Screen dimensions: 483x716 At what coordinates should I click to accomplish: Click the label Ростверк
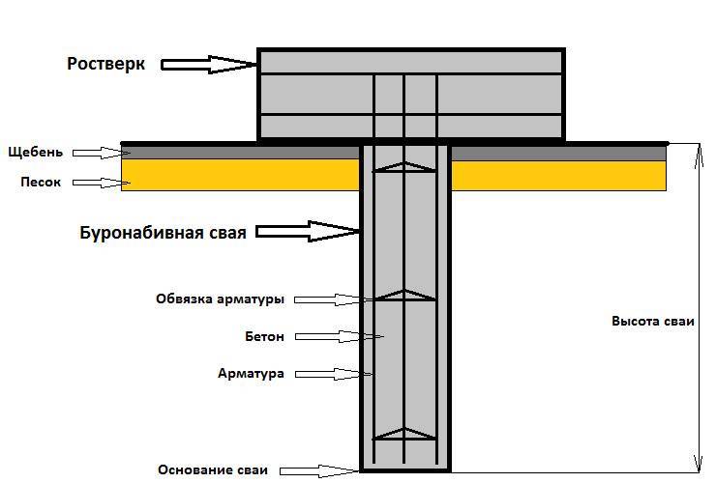coord(105,64)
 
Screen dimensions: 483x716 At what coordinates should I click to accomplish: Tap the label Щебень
coord(35,152)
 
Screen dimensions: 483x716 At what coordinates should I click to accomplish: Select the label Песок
coord(42,182)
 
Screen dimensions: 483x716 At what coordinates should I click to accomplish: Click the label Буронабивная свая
coord(163,232)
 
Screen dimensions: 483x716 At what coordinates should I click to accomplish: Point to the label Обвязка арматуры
coord(221,299)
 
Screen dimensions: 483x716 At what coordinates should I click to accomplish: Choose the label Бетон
coord(264,336)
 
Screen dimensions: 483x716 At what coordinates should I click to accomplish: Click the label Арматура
coord(252,373)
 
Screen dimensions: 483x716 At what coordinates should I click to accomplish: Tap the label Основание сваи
coord(212,470)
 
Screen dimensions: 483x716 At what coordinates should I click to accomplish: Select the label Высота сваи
coord(653,322)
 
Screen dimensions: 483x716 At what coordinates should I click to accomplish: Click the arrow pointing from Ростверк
coord(209,65)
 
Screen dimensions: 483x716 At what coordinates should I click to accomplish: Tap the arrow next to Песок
coord(101,182)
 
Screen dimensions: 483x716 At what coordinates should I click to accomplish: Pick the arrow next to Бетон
coord(339,336)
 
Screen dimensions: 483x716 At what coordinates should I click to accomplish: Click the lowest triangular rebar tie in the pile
coord(404,435)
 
